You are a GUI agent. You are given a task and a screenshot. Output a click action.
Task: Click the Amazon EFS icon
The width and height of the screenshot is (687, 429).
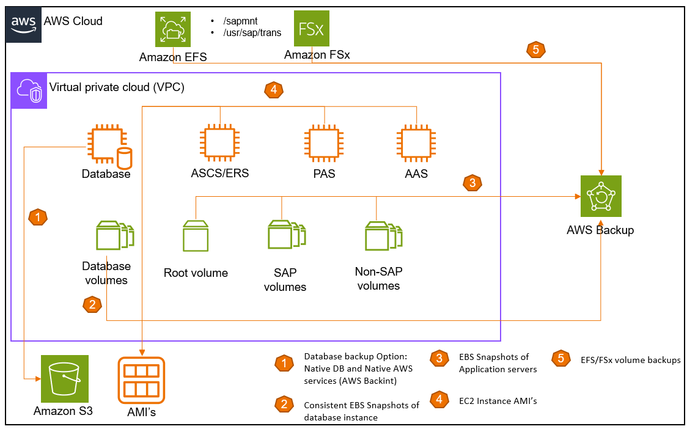[172, 29]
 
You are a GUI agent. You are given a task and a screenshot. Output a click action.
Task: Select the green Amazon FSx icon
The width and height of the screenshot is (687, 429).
[312, 29]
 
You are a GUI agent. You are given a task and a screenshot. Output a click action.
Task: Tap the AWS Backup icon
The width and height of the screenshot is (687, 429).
[600, 197]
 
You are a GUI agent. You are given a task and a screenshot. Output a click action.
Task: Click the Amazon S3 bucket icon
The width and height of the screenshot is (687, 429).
[64, 379]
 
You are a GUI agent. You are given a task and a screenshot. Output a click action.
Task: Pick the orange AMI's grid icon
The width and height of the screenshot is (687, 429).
[141, 380]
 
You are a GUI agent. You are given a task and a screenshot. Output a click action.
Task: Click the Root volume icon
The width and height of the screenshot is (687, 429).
[196, 235]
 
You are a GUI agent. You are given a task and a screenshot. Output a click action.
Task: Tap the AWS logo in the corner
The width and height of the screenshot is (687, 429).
[24, 24]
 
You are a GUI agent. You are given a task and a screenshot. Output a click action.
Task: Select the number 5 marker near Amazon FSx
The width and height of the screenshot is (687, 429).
[535, 50]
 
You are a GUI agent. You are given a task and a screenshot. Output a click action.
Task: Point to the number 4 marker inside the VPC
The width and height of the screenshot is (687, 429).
[273, 90]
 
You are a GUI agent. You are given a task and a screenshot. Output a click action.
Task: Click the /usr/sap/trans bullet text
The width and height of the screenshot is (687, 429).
[252, 32]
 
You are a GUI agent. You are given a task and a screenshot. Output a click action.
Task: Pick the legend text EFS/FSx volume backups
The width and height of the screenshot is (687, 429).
[630, 360]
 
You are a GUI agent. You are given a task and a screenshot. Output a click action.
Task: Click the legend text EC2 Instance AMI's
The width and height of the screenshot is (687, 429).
[493, 401]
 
